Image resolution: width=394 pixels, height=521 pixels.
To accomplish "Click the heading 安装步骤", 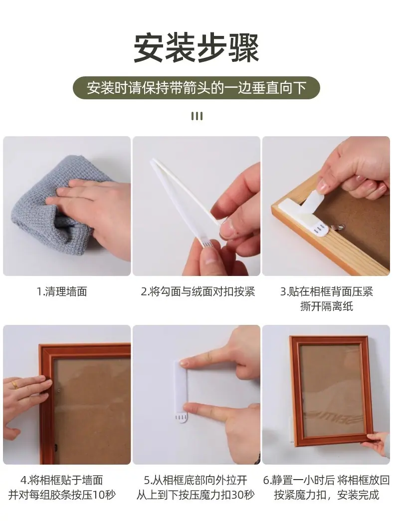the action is (197, 48).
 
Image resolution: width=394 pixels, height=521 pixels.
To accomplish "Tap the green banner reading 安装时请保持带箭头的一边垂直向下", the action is (197, 88).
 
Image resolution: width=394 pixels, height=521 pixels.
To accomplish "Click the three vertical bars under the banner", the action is (197, 116).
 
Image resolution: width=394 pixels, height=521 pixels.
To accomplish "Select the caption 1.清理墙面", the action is (62, 292).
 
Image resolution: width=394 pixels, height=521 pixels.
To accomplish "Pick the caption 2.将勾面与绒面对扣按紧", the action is (198, 292).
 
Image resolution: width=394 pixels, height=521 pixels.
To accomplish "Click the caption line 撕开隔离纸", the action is (327, 306).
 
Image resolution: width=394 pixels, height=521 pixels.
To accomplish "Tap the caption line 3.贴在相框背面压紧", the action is (327, 291).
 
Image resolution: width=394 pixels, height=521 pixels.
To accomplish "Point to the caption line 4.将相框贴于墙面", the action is (62, 480).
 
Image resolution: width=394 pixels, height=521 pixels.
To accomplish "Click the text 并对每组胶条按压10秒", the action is (62, 495).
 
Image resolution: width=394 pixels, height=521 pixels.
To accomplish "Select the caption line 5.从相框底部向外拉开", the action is (196, 480).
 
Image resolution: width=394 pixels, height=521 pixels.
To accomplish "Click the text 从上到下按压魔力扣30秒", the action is (196, 495).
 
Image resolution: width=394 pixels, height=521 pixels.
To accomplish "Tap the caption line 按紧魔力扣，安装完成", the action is (327, 495).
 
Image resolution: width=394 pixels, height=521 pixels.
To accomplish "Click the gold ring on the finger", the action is (15, 385).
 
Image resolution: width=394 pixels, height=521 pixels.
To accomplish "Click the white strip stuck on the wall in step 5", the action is (181, 391).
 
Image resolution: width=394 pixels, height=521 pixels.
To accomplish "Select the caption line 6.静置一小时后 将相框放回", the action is (327, 480).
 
